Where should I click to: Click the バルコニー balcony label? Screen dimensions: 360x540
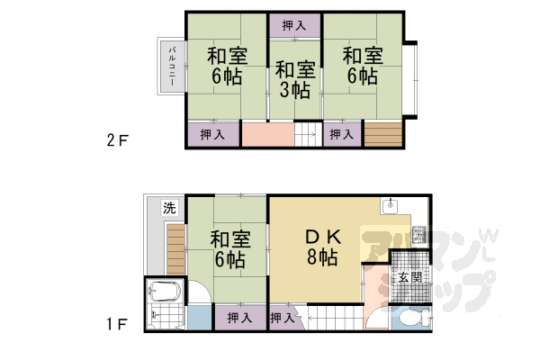tap(171, 66)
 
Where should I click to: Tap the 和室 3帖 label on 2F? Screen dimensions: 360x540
tap(294, 79)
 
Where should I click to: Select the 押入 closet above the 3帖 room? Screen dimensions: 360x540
tap(294, 26)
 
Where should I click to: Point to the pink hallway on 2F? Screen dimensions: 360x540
tap(267, 134)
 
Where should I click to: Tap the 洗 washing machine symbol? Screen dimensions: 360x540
tap(168, 209)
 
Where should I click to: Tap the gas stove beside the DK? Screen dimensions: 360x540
tap(418, 236)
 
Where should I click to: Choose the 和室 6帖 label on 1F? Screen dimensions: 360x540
tap(229, 250)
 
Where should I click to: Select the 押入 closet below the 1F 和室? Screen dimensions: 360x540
tap(239, 318)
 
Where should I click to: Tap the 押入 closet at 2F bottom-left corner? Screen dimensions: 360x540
tap(213, 134)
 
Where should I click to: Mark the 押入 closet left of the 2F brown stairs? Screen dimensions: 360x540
tap(340, 134)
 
